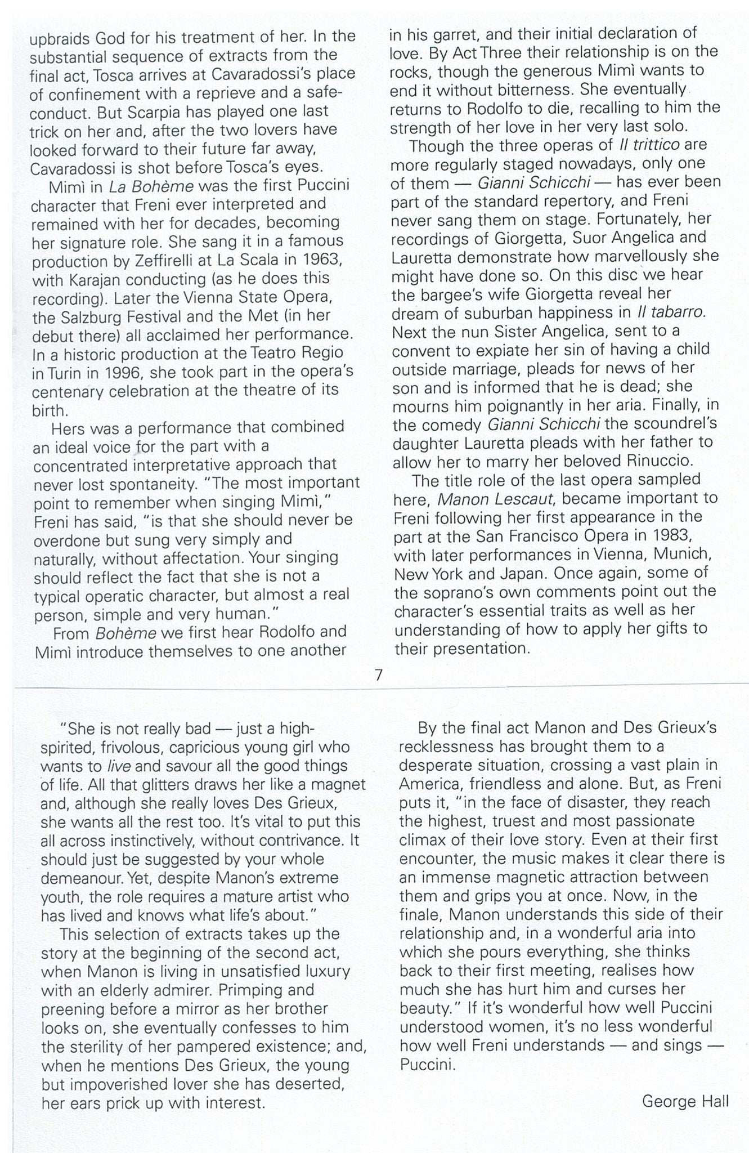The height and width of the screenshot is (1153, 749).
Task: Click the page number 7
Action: (379, 674)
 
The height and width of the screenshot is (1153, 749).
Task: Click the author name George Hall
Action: (685, 1101)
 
